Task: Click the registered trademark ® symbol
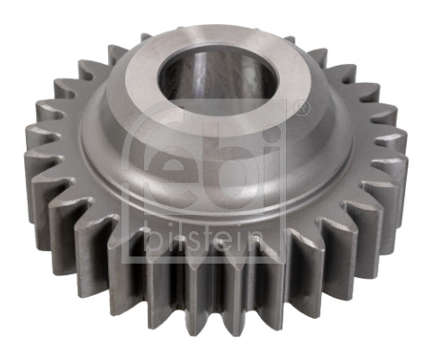301,108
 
